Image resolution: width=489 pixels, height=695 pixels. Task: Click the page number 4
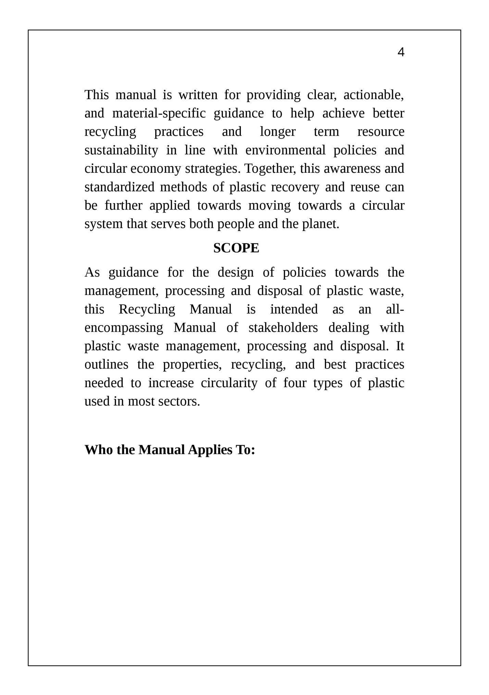coord(401,52)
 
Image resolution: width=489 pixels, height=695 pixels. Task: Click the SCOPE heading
coord(236,248)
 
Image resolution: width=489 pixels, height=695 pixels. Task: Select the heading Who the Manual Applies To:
coord(170,450)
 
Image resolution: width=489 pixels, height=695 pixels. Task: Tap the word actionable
coord(373,95)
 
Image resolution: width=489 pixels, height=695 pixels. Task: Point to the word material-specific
coord(159,113)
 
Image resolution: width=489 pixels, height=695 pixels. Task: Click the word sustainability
coord(121,150)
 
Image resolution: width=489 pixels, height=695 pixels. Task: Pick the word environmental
coord(285,150)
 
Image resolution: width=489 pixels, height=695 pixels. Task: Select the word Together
coord(270,169)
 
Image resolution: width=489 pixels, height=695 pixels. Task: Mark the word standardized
coord(120,187)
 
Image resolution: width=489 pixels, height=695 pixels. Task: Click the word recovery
coord(295,187)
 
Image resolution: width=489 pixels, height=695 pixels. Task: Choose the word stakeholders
coord(283,328)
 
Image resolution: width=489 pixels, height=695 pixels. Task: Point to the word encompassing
coord(124,328)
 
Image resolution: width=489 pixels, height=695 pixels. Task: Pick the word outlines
coord(106,365)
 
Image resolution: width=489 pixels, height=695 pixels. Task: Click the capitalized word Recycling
coord(147,309)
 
